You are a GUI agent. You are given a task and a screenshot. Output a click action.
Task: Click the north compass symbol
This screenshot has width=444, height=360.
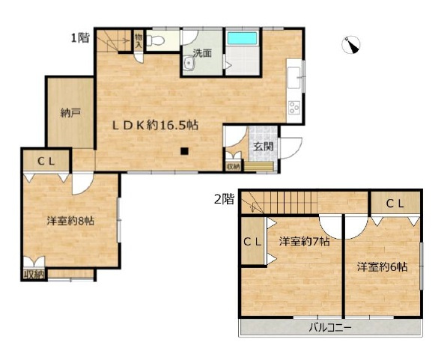tap(351, 45)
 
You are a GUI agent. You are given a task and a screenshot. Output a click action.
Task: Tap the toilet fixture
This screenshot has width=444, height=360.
tap(155, 40)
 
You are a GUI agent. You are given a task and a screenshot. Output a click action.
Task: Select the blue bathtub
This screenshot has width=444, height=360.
tap(242, 38)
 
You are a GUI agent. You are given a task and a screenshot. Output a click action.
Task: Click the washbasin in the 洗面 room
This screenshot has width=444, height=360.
tap(188, 63)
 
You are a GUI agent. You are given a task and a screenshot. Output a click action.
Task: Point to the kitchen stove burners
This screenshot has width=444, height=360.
tap(294, 107)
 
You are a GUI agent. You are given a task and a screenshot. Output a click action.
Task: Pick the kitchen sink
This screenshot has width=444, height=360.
tap(294, 78)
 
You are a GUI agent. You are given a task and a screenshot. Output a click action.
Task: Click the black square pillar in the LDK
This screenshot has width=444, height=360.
tap(184, 151)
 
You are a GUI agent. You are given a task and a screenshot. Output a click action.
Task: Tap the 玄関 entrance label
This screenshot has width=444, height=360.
tap(264, 147)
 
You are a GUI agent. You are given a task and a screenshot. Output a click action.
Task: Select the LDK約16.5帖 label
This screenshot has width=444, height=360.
tap(155, 125)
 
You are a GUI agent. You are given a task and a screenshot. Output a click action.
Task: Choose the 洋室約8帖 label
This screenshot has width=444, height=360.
tap(70, 221)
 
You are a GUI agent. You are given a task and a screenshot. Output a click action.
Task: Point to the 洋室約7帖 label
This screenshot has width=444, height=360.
tap(305, 242)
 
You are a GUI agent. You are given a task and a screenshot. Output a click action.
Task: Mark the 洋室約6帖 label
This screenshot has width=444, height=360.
tap(383, 266)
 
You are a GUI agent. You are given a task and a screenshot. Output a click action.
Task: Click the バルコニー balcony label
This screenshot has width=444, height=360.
tap(330, 328)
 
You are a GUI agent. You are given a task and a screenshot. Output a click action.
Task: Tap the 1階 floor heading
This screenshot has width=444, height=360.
tap(80, 37)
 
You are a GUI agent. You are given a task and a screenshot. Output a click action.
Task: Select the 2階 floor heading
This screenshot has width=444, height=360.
tap(225, 199)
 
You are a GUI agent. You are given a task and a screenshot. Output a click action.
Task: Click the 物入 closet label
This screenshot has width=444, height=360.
tap(139, 40)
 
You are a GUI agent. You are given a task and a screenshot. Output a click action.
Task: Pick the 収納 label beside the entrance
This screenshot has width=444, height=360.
tap(233, 166)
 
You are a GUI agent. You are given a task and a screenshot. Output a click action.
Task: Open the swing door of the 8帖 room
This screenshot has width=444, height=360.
tap(82, 183)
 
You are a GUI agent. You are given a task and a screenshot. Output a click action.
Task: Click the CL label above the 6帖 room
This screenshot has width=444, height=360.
tap(395, 204)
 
